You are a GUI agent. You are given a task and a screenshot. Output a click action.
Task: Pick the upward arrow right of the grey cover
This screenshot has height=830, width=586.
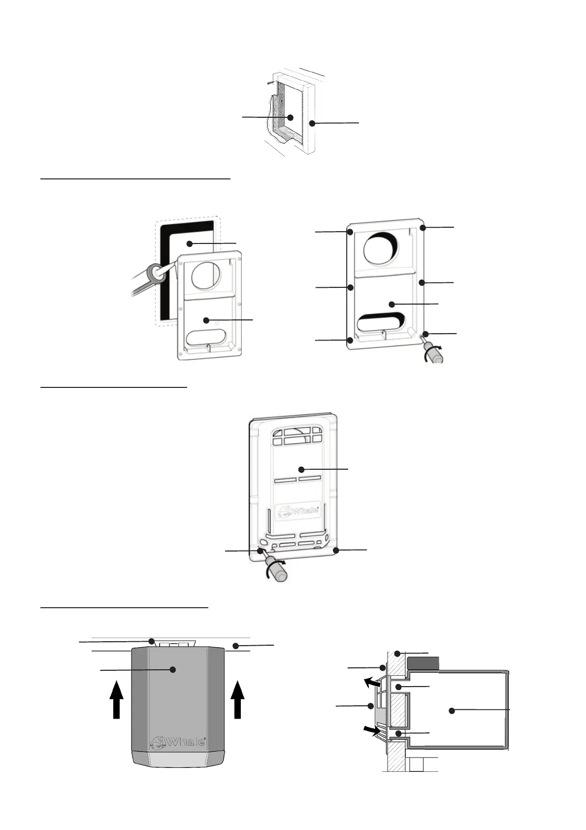pos(238,699)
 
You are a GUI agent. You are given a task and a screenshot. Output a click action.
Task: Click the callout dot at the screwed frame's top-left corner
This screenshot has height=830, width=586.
pos(350,232)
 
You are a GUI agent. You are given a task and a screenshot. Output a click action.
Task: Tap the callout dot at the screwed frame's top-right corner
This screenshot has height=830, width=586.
pos(423,228)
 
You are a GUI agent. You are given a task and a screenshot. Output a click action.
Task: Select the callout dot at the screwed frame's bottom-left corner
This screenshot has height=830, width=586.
pos(350,340)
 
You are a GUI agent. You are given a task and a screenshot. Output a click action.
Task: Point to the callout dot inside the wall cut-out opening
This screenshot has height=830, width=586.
pos(291,117)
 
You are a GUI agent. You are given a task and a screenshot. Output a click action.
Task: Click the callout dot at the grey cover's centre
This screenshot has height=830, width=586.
pos(172,669)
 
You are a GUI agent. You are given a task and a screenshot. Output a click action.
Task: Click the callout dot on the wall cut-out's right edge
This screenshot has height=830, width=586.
pos(312,123)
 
